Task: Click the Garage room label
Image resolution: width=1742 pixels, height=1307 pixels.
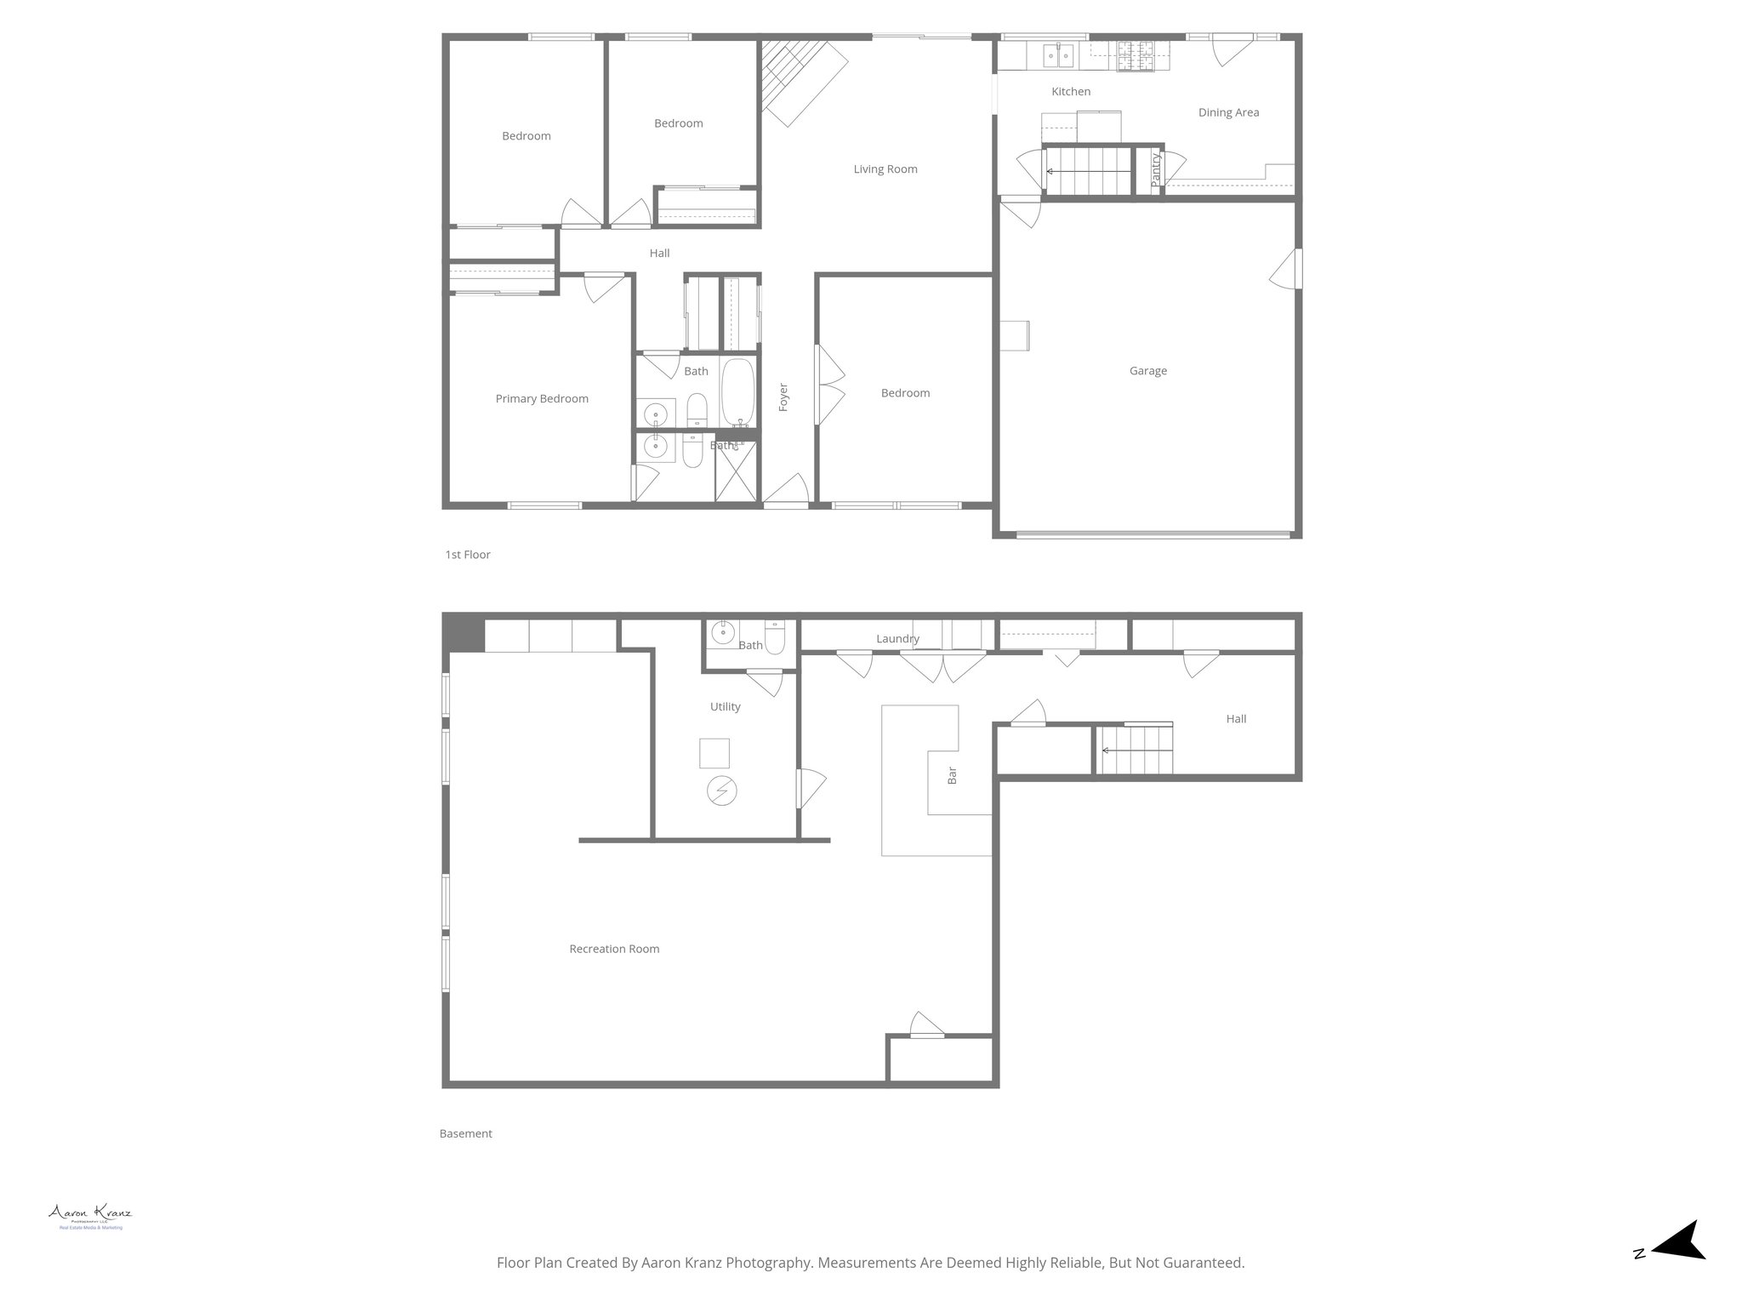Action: tap(1147, 371)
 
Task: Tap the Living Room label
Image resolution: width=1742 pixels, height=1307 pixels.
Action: tap(885, 169)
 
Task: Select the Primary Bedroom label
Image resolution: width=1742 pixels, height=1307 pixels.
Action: tap(542, 399)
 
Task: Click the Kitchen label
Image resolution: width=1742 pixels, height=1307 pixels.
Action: tap(1071, 92)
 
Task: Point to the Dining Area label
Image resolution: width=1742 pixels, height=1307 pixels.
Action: tap(1228, 112)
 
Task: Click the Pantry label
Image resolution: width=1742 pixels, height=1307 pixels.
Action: tap(1155, 170)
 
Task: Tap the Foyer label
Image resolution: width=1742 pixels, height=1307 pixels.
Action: tap(783, 397)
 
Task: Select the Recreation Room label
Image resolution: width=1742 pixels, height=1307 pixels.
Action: tap(614, 949)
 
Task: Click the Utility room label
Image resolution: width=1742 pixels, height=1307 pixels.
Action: tap(725, 707)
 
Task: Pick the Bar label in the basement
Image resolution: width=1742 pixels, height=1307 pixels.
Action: tap(952, 775)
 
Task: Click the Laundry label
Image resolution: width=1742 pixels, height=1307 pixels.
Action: tap(897, 639)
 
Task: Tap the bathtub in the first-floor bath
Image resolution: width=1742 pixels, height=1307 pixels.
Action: tap(737, 393)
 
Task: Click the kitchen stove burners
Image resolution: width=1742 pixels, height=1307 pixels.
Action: tap(1136, 55)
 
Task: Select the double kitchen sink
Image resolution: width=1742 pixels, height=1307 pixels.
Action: tap(1058, 56)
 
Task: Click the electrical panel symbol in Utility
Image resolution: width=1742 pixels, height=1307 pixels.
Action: tap(721, 791)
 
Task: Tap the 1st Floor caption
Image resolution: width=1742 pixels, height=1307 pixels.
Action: tap(468, 555)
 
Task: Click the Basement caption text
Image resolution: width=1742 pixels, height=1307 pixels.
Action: tap(465, 1133)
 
